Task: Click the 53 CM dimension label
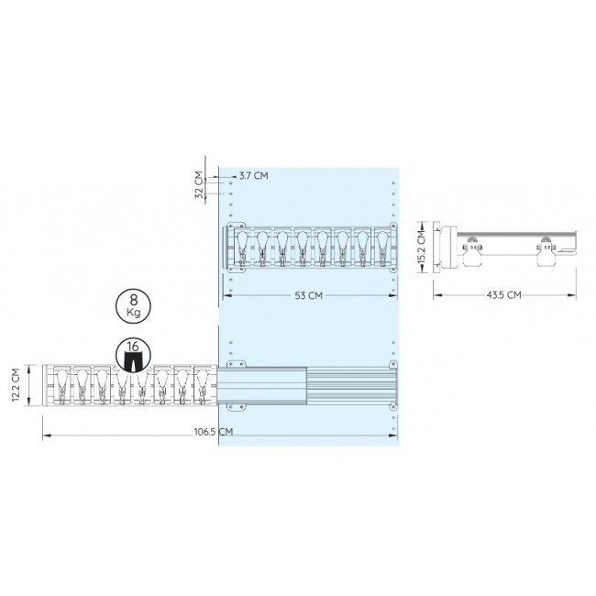click(x=308, y=295)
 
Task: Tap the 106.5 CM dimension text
click(x=214, y=432)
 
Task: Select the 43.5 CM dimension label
click(x=503, y=295)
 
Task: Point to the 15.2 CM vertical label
click(x=421, y=247)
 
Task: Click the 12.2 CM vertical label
click(x=16, y=385)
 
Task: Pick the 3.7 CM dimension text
click(x=253, y=176)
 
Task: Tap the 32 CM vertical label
click(x=198, y=185)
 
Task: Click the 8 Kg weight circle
click(x=133, y=305)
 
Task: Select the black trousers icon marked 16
click(x=133, y=356)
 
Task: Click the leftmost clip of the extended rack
click(x=62, y=385)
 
